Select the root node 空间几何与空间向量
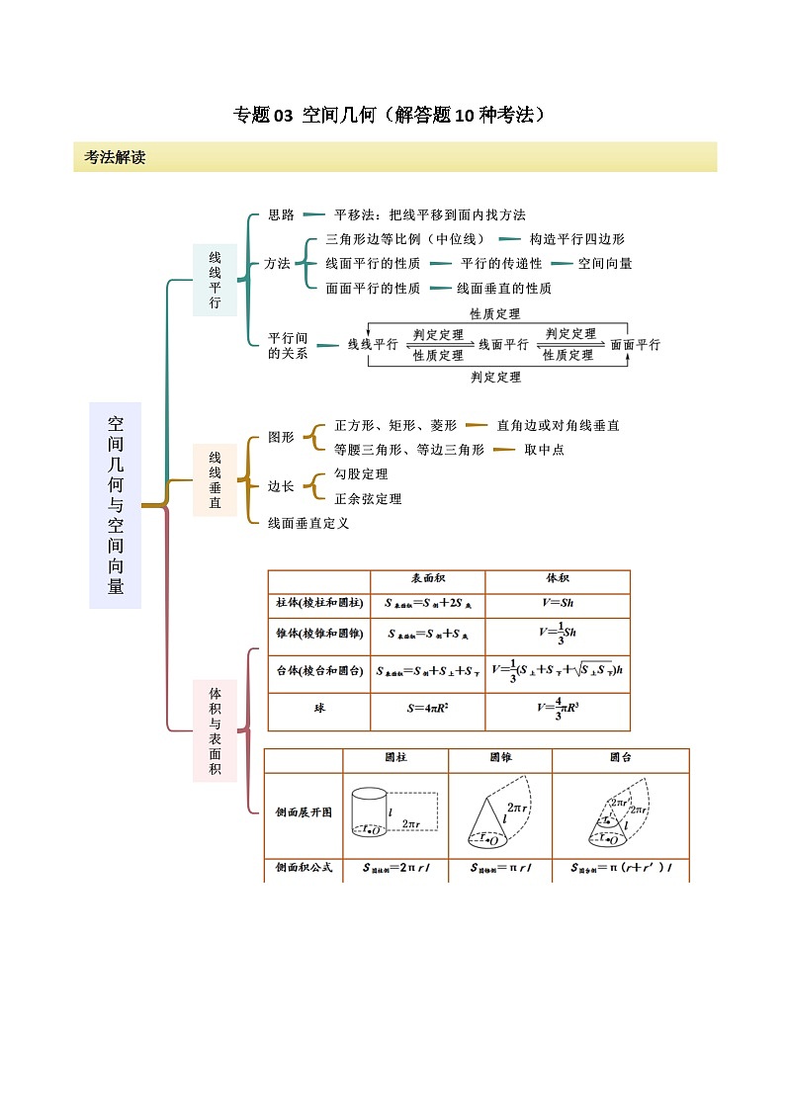[116, 504]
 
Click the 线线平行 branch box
[215, 280]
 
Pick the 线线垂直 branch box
[215, 479]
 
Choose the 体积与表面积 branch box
[215, 730]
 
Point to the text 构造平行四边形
[577, 239]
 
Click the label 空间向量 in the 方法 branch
[605, 264]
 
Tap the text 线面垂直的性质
[504, 289]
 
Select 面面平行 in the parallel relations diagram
[635, 345]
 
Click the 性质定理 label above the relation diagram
[495, 314]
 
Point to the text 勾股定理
[361, 474]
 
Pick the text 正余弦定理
[368, 499]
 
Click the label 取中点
[544, 450]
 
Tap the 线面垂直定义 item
[308, 523]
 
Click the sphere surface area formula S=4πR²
[427, 709]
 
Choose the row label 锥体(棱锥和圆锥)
[318, 634]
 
